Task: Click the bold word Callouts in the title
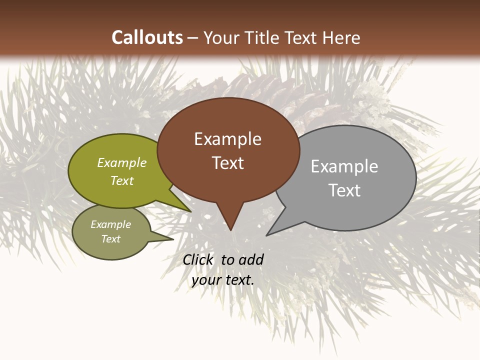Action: pyautogui.click(x=147, y=37)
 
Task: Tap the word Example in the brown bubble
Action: pyautogui.click(x=227, y=139)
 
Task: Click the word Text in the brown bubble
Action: pyautogui.click(x=227, y=162)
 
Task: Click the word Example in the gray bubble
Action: pyautogui.click(x=344, y=166)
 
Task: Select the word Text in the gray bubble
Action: pyautogui.click(x=344, y=190)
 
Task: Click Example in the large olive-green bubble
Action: pyautogui.click(x=122, y=163)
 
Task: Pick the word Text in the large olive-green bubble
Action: pyautogui.click(x=122, y=180)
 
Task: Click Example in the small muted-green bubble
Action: pyautogui.click(x=110, y=224)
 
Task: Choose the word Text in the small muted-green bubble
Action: pyautogui.click(x=110, y=239)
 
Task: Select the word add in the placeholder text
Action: pyautogui.click(x=250, y=259)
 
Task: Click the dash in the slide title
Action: pyautogui.click(x=193, y=38)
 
